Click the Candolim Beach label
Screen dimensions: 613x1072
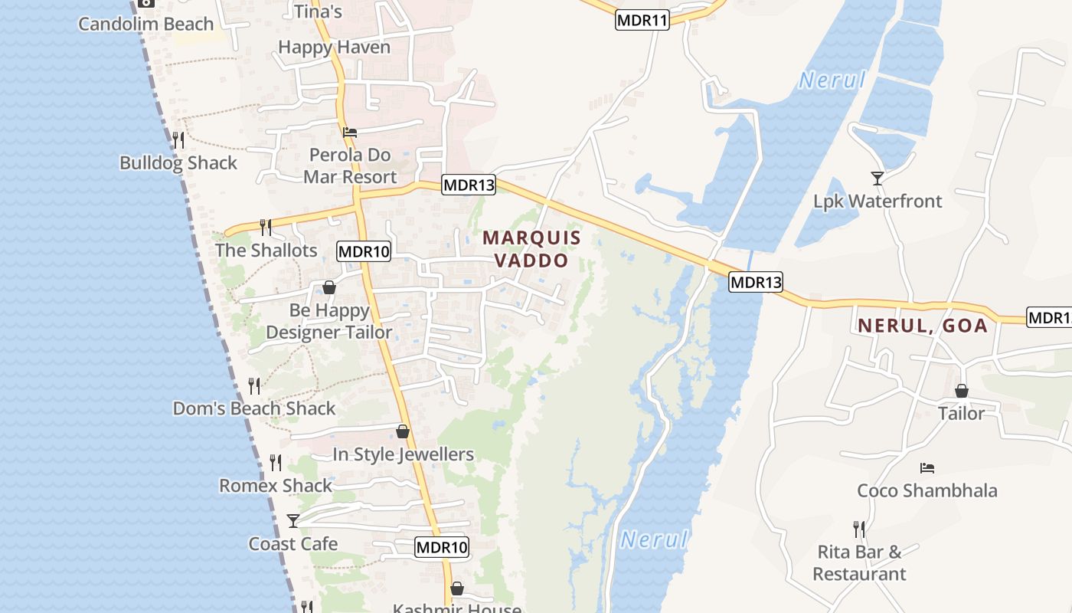tap(145, 24)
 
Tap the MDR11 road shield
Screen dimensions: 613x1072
tap(642, 21)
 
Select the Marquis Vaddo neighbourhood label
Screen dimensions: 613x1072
tap(531, 249)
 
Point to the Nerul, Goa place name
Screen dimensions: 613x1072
tap(923, 326)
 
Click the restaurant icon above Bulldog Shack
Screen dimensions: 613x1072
tap(178, 139)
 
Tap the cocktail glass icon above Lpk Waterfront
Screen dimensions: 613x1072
tap(878, 179)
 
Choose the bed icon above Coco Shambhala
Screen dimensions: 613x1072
tap(927, 467)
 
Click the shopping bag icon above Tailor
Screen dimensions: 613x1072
tap(962, 391)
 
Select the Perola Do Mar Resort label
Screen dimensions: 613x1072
tap(350, 166)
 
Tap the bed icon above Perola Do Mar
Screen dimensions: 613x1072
tap(350, 132)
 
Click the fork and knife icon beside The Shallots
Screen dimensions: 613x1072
tap(266, 227)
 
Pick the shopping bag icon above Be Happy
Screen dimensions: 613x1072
tap(329, 287)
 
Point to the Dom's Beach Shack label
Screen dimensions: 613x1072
tap(254, 408)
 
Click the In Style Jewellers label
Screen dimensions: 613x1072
tap(403, 454)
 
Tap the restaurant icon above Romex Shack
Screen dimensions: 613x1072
tap(276, 462)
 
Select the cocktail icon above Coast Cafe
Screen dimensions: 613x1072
tap(293, 521)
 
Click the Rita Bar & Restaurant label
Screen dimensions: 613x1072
tap(859, 562)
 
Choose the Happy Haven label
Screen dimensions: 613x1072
tap(334, 47)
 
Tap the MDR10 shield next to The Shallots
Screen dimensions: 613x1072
tap(364, 251)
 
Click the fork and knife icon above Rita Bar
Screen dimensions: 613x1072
tap(859, 529)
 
